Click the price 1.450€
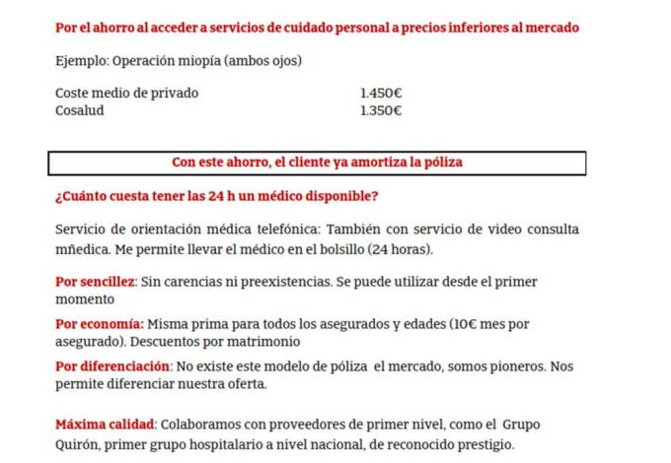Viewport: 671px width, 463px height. (x=381, y=94)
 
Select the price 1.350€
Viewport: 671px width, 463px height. (x=381, y=110)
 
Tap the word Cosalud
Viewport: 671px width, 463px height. (x=80, y=110)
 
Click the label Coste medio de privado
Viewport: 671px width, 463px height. (x=127, y=94)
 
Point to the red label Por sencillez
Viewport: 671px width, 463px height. (x=95, y=282)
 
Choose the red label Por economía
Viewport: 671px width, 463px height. (x=100, y=323)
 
